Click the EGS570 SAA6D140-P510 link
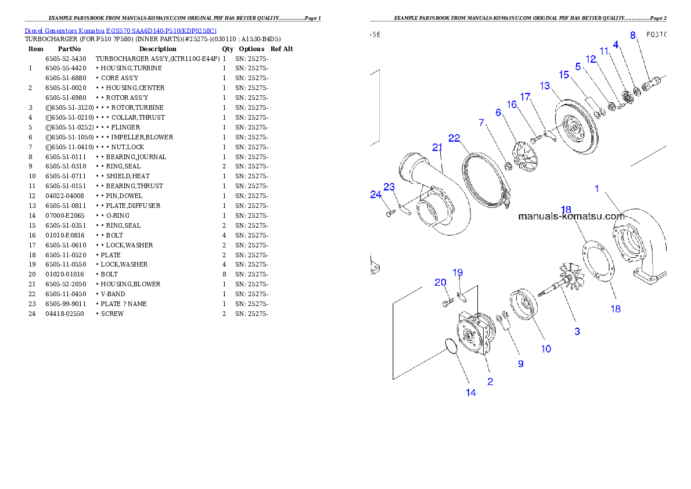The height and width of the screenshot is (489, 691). tap(161, 31)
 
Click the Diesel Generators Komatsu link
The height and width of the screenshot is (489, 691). tap(64, 31)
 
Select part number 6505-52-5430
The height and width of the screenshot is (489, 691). tap(66, 59)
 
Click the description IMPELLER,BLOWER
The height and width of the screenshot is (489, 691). tap(142, 137)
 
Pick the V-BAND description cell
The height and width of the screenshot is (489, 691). tap(113, 294)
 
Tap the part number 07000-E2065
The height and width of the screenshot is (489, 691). tap(65, 215)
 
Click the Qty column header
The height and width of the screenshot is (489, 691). tap(228, 49)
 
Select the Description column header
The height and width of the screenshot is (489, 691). tap(158, 49)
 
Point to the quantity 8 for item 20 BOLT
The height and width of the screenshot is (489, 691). tap(224, 274)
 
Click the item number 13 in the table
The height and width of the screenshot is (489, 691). tap(32, 206)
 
